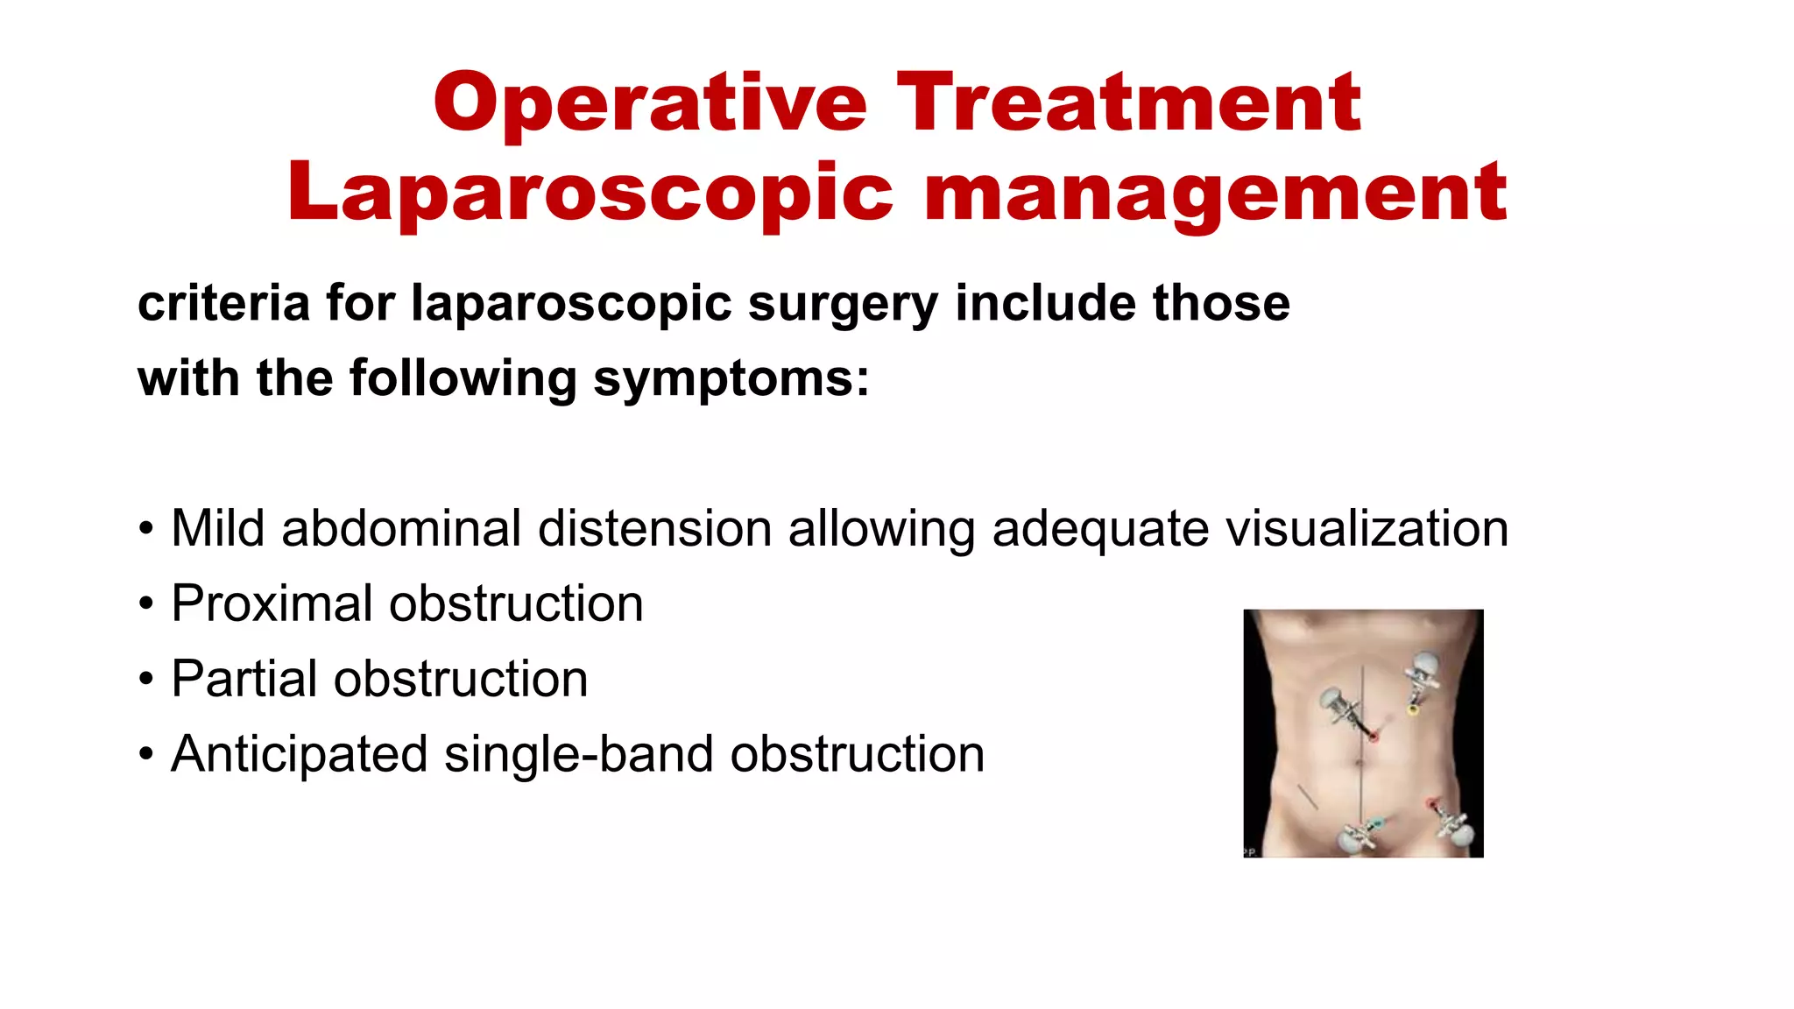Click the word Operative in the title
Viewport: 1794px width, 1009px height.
649,103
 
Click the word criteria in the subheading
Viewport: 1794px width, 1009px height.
224,303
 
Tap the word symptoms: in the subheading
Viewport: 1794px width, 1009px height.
731,378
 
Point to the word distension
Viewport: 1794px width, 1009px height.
654,528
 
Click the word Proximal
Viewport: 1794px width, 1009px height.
272,603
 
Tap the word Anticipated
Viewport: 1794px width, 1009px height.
299,754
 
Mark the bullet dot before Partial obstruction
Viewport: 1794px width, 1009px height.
146,680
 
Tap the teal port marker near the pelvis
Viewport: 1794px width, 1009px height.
1376,823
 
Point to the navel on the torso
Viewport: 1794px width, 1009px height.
1360,763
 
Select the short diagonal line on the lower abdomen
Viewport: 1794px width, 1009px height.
1308,797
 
